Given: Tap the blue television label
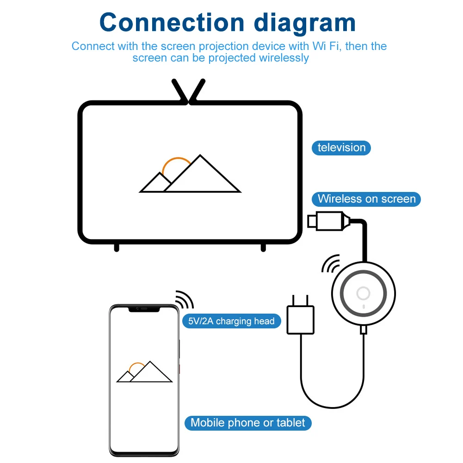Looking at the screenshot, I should tap(341, 148).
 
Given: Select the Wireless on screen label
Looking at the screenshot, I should tap(366, 199).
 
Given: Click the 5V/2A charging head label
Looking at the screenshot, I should tap(231, 321).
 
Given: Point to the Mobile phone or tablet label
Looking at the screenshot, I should tap(248, 423).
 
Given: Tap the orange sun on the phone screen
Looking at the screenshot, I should tap(136, 368).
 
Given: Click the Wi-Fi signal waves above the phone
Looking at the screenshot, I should tap(185, 300).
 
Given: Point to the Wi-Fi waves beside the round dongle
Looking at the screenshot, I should tap(330, 264).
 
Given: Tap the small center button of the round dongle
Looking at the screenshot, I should tap(363, 293).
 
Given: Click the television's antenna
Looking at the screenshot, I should tap(188, 91).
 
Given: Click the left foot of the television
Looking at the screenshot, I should tap(117, 248).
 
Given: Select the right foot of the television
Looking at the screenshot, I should tap(263, 248).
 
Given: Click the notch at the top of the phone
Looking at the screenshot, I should tap(144, 308).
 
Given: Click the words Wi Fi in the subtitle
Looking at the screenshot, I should tap(330, 46).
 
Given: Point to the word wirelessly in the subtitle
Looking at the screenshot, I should tap(284, 58).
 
